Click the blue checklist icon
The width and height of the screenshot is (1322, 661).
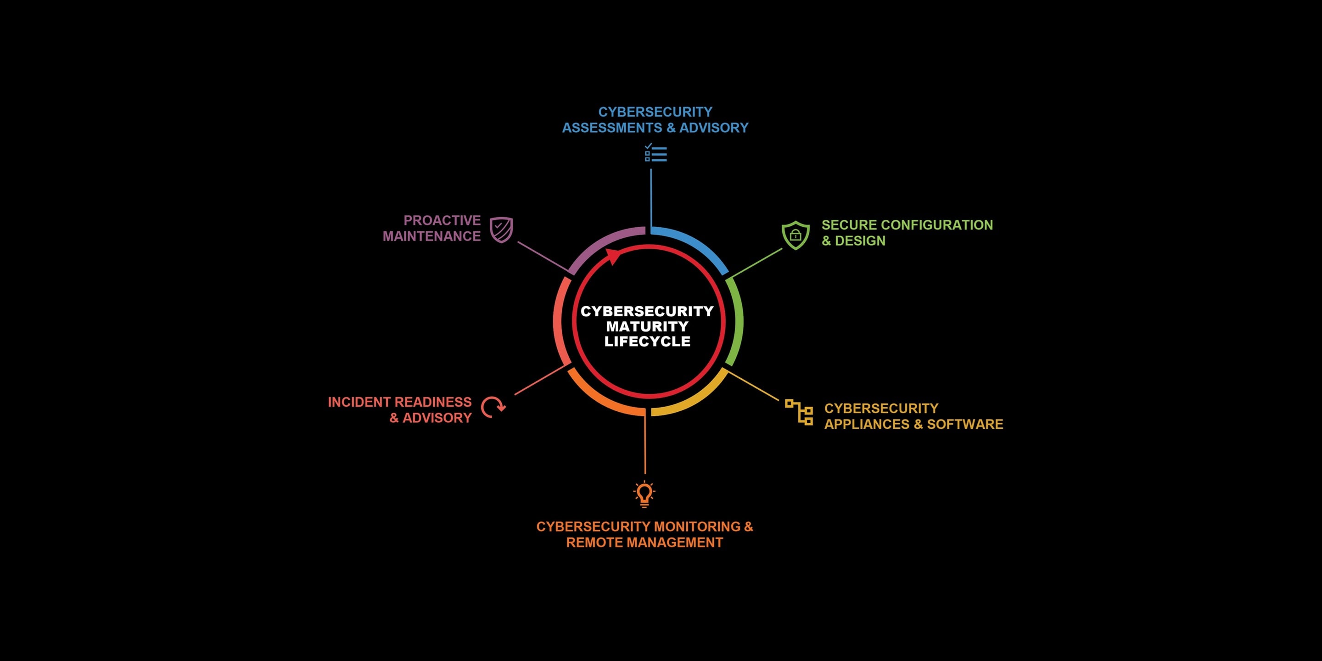(655, 153)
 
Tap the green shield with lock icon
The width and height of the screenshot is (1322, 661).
(795, 235)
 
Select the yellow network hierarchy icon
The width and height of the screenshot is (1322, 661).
(799, 412)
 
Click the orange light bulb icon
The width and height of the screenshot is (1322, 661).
(644, 494)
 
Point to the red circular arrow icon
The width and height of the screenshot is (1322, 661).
(493, 408)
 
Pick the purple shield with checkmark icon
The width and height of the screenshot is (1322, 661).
(501, 230)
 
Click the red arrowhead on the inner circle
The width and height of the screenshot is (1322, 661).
(614, 256)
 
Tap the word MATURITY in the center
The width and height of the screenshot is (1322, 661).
(647, 326)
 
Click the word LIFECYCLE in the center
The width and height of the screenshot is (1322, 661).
(647, 341)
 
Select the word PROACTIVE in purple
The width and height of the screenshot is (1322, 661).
(442, 220)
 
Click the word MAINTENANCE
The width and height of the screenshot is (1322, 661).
(431, 236)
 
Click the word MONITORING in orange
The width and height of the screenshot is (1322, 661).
(697, 527)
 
